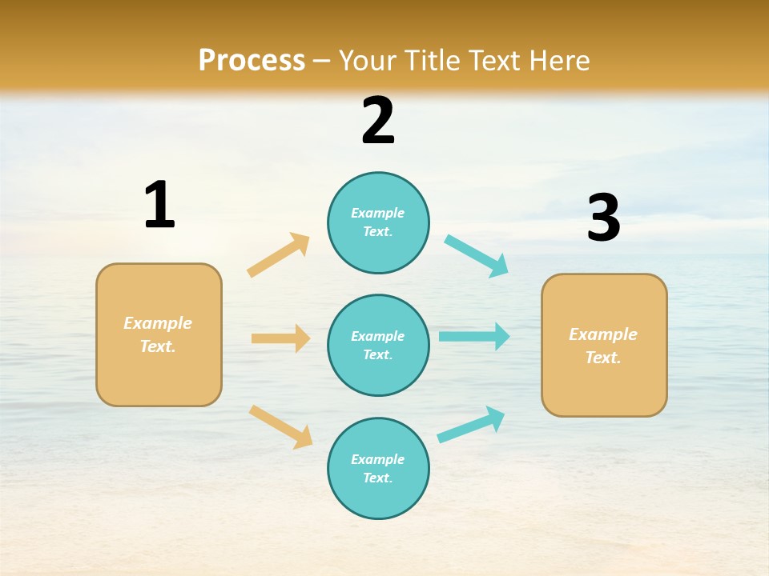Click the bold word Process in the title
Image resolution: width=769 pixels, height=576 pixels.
252,61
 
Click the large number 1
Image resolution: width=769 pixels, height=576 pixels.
159,206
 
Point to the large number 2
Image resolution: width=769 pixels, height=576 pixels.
378,121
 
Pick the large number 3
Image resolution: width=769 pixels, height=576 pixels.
603,218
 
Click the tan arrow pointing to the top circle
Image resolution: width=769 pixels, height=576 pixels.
279,255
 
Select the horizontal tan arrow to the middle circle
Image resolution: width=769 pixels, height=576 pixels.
280,338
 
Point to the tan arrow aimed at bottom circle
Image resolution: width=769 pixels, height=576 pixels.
280,426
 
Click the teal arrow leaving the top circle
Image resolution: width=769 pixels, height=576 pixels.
477,256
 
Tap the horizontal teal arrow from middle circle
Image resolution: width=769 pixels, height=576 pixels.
474,337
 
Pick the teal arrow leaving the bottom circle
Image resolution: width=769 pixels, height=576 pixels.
471,425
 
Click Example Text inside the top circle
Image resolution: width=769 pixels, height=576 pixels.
378,222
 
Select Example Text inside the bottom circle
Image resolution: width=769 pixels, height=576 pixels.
378,469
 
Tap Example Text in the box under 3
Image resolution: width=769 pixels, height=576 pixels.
603,346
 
